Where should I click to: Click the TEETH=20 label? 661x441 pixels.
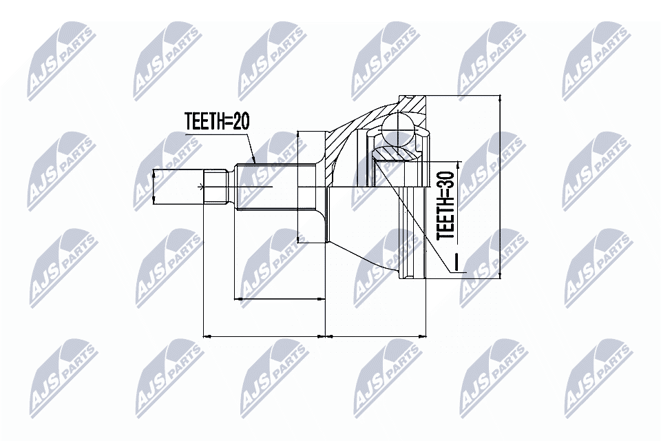216,122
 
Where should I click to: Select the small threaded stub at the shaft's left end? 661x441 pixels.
217,185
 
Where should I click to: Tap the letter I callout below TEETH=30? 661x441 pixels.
455,263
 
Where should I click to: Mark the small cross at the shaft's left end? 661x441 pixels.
201,186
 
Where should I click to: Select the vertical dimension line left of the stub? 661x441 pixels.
153,186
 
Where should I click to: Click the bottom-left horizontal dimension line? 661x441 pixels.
264,336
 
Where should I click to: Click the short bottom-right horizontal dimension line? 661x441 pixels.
375,336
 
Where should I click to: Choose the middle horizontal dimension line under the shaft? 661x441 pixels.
280,299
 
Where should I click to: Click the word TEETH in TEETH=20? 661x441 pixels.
204,122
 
